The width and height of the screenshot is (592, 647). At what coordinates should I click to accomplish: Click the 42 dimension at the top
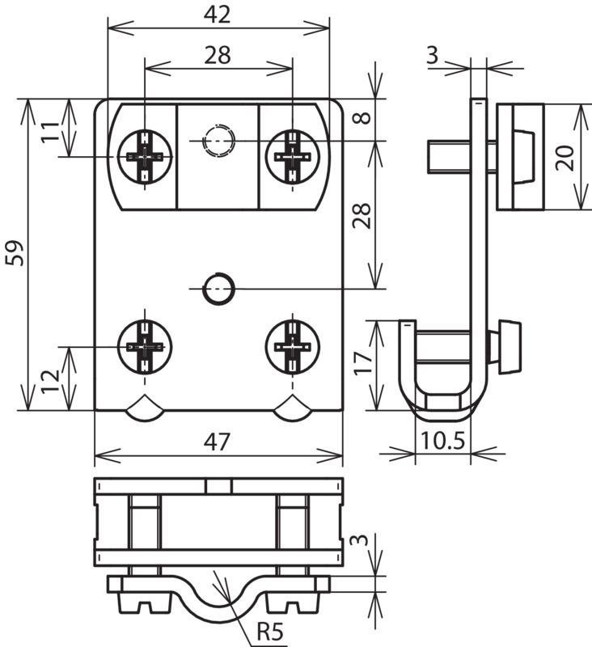pyautogui.click(x=217, y=15)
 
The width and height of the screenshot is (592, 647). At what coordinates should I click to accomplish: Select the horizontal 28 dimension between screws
pyautogui.click(x=218, y=55)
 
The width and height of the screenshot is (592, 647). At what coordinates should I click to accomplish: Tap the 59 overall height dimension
pyautogui.click(x=15, y=253)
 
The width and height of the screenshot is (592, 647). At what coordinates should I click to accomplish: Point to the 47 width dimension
pyautogui.click(x=217, y=442)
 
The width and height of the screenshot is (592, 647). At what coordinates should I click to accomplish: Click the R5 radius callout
pyautogui.click(x=271, y=632)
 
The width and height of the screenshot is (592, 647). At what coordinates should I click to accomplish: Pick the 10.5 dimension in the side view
pyautogui.click(x=442, y=440)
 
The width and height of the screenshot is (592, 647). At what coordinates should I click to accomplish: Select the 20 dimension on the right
pyautogui.click(x=565, y=157)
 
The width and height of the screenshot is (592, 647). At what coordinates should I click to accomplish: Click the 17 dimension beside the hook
pyautogui.click(x=363, y=362)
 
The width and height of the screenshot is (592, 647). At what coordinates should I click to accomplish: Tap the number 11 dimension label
pyautogui.click(x=50, y=131)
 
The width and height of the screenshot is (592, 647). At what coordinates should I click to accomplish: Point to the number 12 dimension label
pyautogui.click(x=50, y=382)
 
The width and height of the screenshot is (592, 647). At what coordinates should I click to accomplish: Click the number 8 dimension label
pyautogui.click(x=362, y=117)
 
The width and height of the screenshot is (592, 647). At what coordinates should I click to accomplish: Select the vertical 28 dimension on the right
pyautogui.click(x=362, y=216)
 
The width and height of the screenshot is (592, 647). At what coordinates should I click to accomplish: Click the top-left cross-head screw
pyautogui.click(x=145, y=157)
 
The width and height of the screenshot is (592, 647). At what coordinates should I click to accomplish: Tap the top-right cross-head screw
pyautogui.click(x=293, y=157)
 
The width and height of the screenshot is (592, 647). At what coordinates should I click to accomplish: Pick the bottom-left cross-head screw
pyautogui.click(x=145, y=346)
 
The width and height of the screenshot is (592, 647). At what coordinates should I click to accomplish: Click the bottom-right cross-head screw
pyautogui.click(x=293, y=346)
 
